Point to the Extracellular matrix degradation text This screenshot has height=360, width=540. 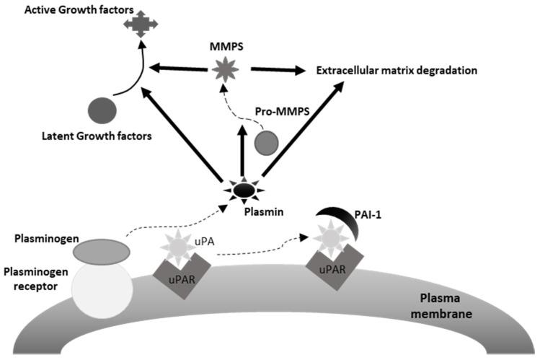pyautogui.click(x=397, y=71)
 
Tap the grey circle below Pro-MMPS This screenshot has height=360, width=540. pyautogui.click(x=265, y=143)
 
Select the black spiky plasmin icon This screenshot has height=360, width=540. pyautogui.click(x=245, y=191)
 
